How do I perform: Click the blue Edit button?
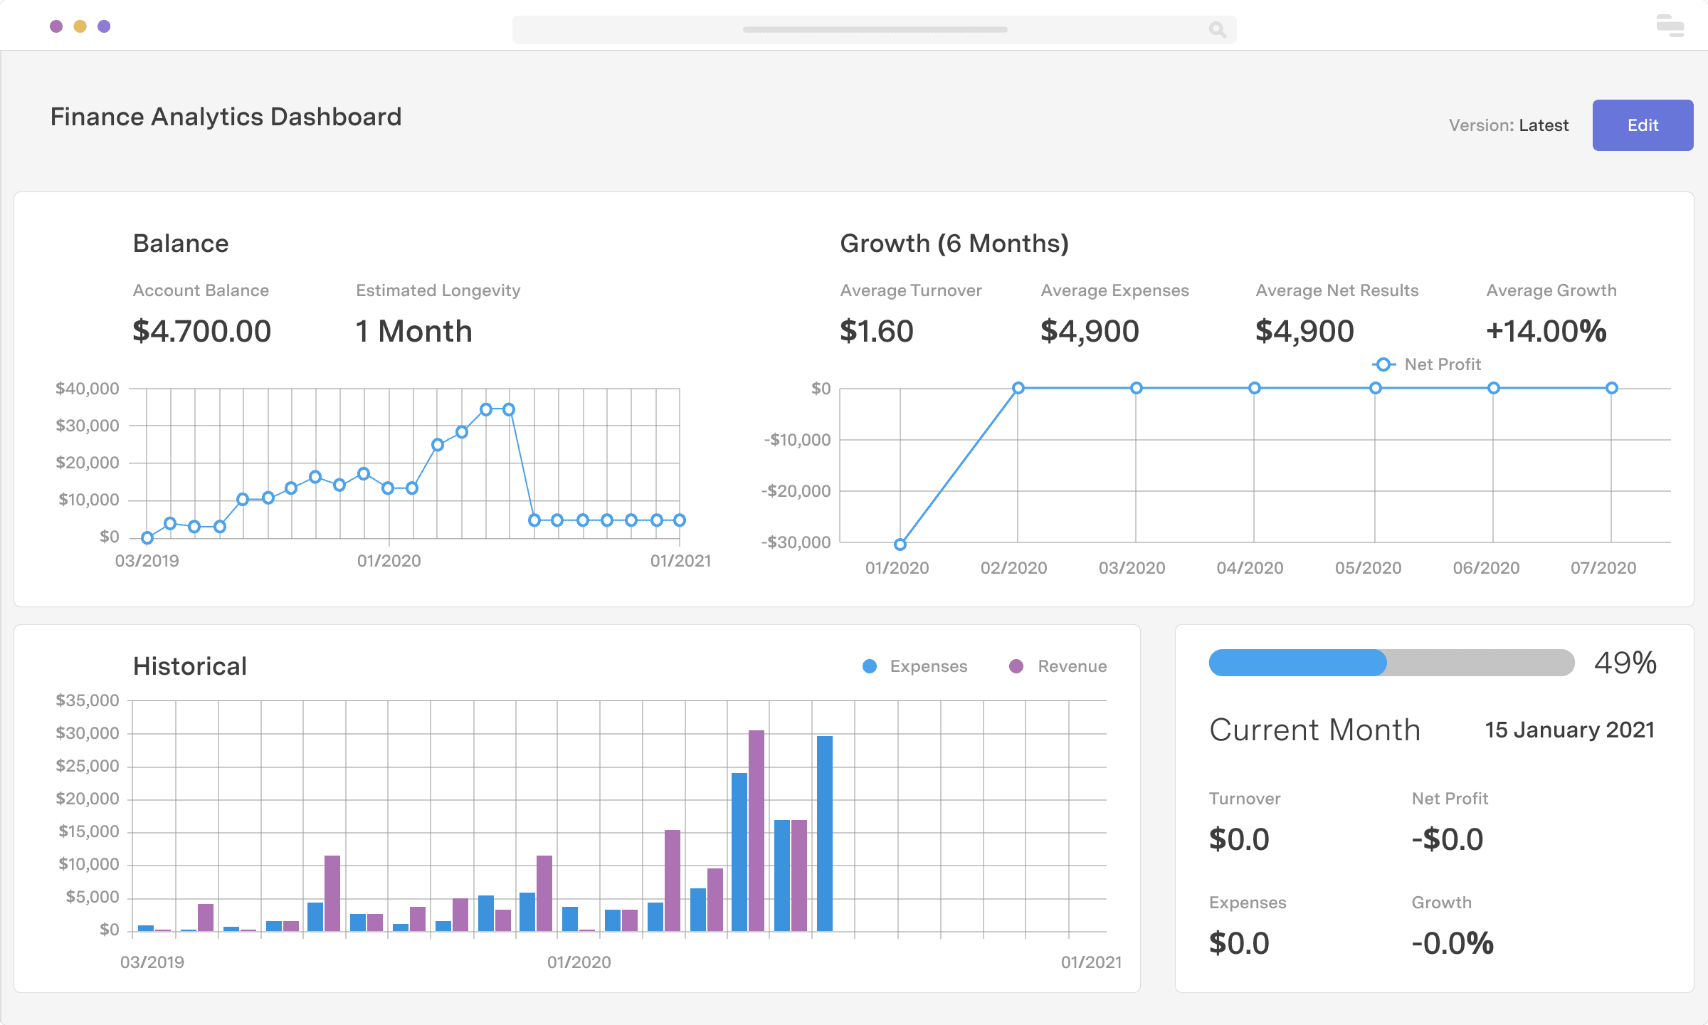[1642, 125]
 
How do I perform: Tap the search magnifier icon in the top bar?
[1217, 29]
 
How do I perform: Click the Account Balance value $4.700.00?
[201, 331]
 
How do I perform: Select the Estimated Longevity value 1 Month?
[413, 331]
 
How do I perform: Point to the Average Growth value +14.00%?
[1546, 331]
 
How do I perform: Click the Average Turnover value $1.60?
[876, 331]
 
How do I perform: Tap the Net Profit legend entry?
[1428, 364]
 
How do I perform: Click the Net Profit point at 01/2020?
[900, 545]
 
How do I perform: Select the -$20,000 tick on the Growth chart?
[796, 491]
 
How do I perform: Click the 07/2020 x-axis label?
[1603, 568]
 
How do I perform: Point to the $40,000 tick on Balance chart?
[88, 389]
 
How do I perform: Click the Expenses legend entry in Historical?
[915, 666]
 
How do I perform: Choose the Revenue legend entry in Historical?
[1059, 666]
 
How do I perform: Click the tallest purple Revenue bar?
[757, 829]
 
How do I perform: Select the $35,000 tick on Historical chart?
[88, 700]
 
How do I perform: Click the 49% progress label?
[1625, 663]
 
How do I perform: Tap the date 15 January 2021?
[1569, 730]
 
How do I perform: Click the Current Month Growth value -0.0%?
[1452, 944]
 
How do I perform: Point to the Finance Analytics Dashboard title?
[226, 117]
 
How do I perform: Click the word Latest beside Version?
[1543, 125]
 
